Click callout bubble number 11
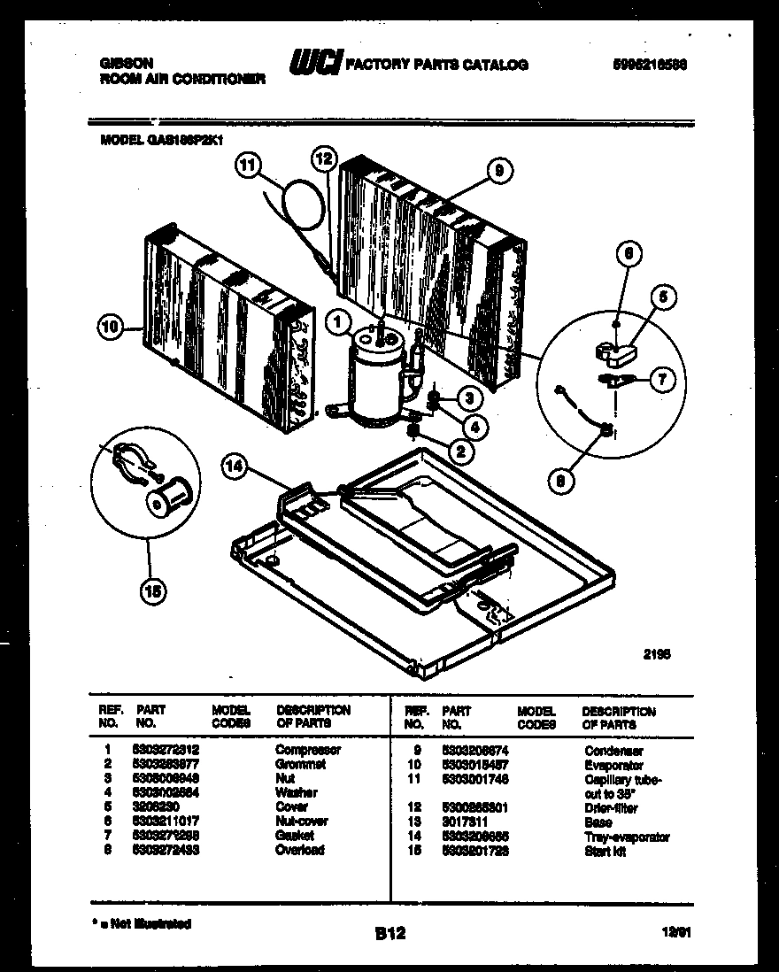coord(251,163)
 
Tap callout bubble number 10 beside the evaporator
coord(110,328)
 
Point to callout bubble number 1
coord(338,325)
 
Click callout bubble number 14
coord(233,470)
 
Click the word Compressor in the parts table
coord(307,750)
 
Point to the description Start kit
coord(605,852)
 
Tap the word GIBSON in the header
coord(123,64)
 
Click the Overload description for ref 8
coord(299,851)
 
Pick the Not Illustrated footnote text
coord(146,924)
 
